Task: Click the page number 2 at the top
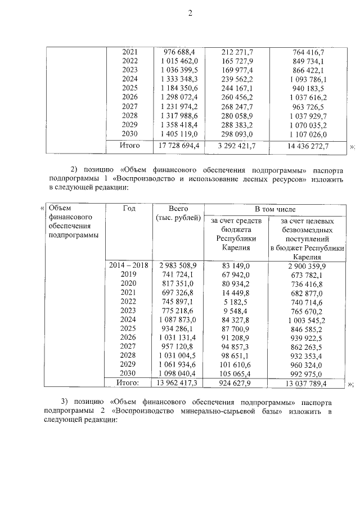tap(190, 14)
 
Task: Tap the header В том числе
tap(275, 209)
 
